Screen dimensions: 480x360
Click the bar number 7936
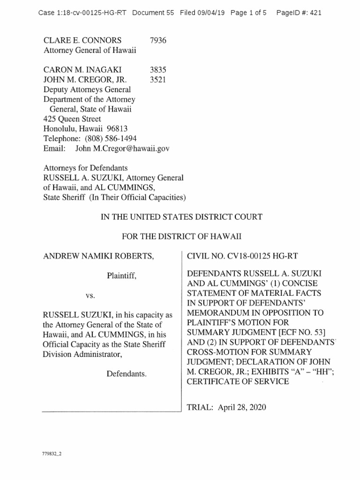tap(158, 40)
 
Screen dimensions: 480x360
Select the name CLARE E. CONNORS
tap(82, 40)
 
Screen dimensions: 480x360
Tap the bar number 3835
tap(158, 70)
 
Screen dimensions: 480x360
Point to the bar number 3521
tap(158, 80)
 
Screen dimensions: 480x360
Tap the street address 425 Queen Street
tap(72, 119)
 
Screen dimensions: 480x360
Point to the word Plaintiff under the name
tap(121, 276)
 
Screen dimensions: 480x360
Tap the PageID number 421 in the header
tap(315, 13)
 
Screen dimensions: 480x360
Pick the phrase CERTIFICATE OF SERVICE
tap(238, 382)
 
